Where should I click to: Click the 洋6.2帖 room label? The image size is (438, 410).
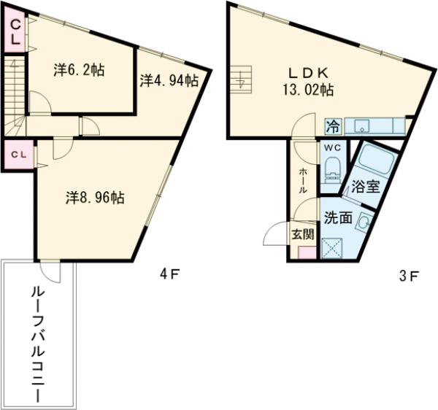[x=78, y=71]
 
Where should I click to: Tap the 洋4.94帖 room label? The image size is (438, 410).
[x=169, y=81]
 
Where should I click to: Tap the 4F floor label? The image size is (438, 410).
[x=169, y=275]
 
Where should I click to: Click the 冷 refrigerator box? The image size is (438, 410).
[x=332, y=125]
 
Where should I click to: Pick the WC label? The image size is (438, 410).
[x=331, y=147]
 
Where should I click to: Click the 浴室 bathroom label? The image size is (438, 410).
[x=365, y=186]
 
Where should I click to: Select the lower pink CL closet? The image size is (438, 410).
[x=20, y=155]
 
